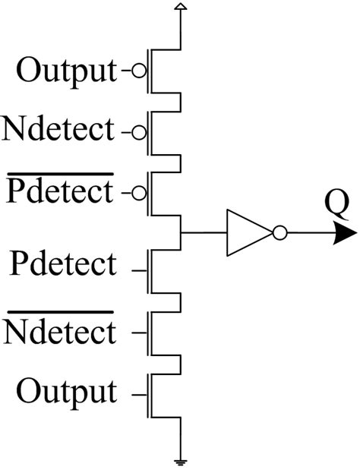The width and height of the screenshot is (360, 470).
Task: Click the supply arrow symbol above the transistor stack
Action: [180, 8]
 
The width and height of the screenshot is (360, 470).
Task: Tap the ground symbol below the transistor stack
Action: [180, 460]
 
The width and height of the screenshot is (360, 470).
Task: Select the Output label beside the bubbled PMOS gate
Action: [67, 71]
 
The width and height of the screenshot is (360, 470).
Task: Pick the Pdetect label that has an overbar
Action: [59, 192]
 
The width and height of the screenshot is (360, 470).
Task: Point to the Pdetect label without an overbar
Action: [64, 265]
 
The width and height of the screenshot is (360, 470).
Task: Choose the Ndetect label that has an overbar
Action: [59, 331]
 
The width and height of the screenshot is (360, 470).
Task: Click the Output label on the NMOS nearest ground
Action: [67, 392]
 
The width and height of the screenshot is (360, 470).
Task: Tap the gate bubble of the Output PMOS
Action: [138, 72]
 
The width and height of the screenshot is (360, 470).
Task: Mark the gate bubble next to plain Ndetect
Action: [138, 132]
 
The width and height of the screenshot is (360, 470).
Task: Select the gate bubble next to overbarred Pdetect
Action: [138, 193]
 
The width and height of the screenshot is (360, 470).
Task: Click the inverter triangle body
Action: [245, 233]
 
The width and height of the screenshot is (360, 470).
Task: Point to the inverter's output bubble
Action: [279, 233]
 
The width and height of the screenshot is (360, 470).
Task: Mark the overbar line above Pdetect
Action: [59, 175]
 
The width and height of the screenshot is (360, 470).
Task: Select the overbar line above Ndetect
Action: [59, 312]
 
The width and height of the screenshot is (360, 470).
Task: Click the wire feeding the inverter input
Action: [203, 233]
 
